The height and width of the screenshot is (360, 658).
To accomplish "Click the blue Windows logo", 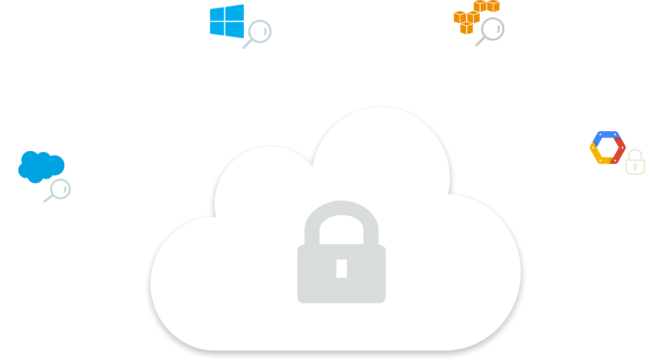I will (x=227, y=21).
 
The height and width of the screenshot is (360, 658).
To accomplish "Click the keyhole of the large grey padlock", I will (x=341, y=268).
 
